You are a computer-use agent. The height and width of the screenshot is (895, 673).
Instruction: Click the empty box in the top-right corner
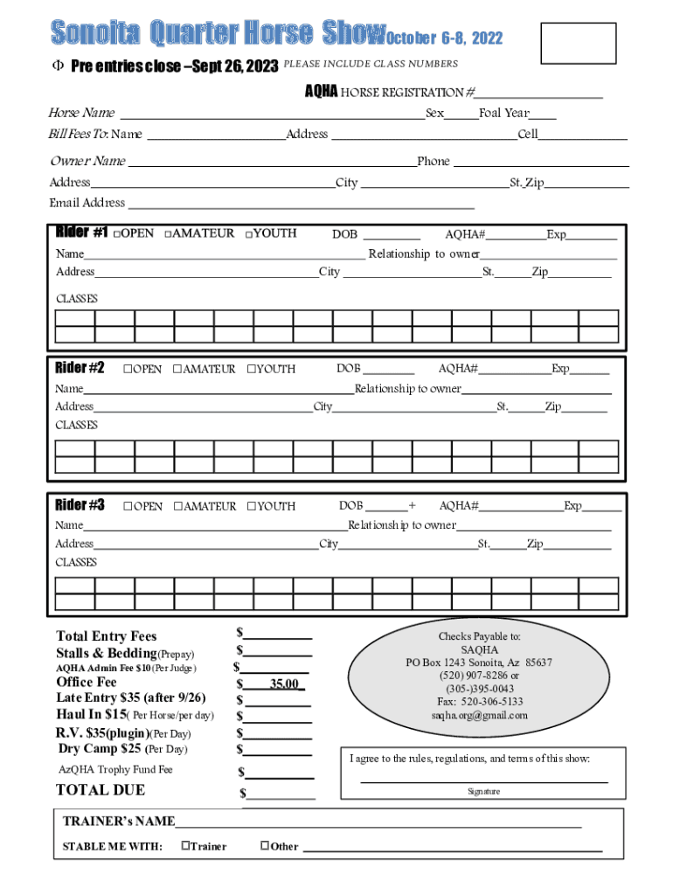coord(579,43)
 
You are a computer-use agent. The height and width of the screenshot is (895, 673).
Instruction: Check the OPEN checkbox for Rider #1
coord(118,234)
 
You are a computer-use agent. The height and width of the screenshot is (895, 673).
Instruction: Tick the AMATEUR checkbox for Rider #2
coord(177,369)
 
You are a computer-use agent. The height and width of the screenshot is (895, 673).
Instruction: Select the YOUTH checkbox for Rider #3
coord(251,506)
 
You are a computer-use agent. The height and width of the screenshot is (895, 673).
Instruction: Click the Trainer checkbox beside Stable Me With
coord(185,845)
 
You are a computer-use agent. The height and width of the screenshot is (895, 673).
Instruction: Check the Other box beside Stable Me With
coord(265,845)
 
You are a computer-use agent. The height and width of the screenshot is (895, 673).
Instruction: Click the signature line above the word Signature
coord(483,780)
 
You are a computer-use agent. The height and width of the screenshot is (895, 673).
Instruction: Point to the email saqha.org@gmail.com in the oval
coord(479,715)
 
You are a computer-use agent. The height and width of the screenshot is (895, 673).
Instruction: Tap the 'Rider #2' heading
coord(80,368)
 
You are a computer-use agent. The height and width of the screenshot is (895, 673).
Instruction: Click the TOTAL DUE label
coord(101,790)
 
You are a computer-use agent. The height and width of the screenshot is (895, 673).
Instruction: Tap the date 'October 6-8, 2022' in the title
coord(444,38)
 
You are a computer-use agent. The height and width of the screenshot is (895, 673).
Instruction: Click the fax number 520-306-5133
coord(480,701)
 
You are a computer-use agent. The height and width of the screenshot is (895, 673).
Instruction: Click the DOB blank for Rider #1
coord(392,236)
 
